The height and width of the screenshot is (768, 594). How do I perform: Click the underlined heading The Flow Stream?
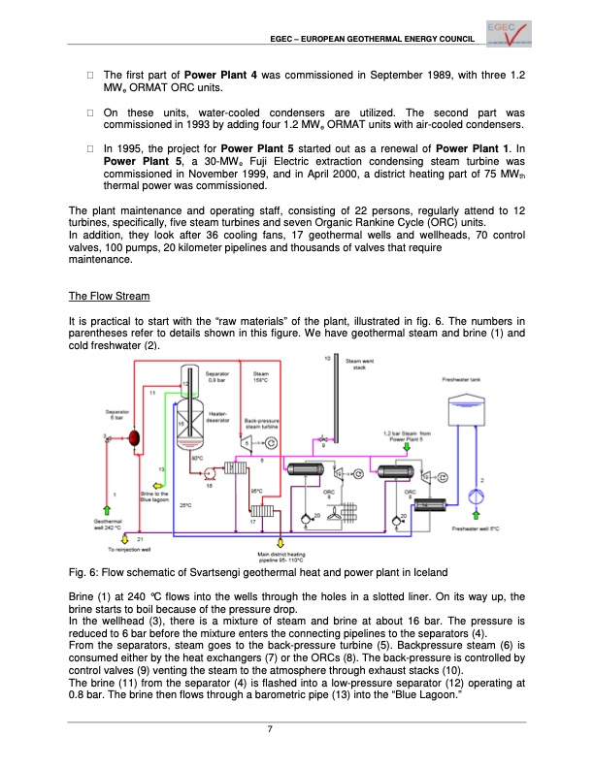click(110, 296)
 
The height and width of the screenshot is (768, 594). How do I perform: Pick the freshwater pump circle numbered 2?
click(475, 496)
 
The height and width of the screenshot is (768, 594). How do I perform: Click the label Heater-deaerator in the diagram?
click(218, 416)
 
